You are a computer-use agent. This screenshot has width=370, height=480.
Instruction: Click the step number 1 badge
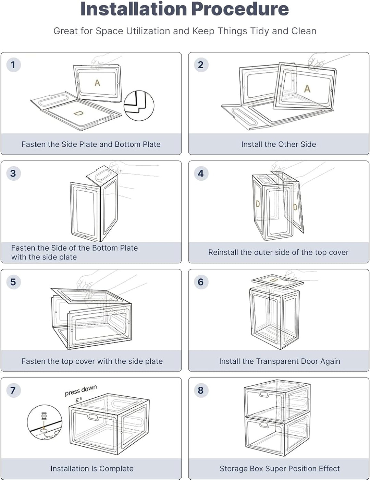[13, 65]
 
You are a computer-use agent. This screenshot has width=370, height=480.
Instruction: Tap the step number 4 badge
[201, 173]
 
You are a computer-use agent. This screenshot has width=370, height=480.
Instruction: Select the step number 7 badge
[13, 390]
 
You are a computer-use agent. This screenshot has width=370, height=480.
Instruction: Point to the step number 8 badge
[201, 390]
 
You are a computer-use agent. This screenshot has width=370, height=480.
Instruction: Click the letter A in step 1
[97, 83]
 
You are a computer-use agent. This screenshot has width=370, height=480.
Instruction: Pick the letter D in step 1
[78, 113]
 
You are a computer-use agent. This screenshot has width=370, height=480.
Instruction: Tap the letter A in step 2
[307, 89]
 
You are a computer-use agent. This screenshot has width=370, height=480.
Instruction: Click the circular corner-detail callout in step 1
[139, 106]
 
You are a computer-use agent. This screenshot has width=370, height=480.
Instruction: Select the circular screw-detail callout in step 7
[45, 422]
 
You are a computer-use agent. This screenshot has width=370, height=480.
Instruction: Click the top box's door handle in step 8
[264, 394]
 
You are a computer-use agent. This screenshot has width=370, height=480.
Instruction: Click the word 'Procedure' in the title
[240, 9]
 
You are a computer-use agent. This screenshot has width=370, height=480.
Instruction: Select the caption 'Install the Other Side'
[279, 144]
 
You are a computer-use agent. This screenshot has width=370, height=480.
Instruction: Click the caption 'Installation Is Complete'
[92, 468]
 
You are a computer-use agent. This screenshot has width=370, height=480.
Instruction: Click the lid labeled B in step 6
[277, 282]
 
